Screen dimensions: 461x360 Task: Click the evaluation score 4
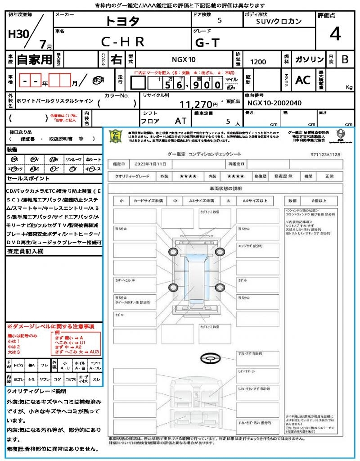tap(335, 34)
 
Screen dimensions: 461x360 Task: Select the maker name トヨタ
tap(122, 21)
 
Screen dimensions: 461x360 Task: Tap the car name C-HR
tap(122, 42)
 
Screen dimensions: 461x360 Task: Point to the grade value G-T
tap(207, 43)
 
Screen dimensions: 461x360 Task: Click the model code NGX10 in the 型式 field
tap(184, 59)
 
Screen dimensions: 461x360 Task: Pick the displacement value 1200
tap(258, 62)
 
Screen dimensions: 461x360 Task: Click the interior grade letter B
tap(345, 59)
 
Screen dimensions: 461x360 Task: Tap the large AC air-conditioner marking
tap(303, 80)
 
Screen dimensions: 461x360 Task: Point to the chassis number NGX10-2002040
tap(274, 103)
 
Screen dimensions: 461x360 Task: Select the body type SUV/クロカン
tap(279, 21)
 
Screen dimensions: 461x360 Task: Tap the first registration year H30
tap(18, 34)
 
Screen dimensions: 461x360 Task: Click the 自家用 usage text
tap(34, 59)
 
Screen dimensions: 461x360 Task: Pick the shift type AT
tap(181, 121)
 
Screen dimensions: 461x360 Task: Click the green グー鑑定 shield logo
tap(115, 136)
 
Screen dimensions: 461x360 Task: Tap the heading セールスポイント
tap(25, 179)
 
